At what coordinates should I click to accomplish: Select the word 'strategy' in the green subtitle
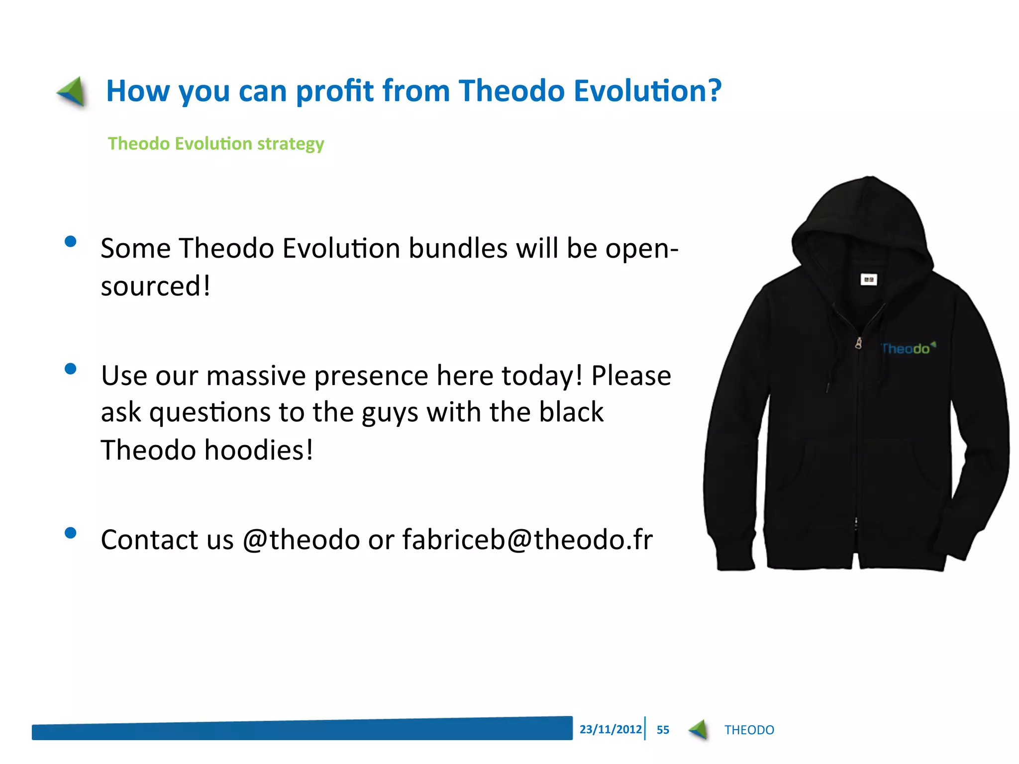[x=291, y=144]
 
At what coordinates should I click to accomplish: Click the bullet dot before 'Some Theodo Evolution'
[x=71, y=242]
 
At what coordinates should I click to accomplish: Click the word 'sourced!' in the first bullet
[x=156, y=286]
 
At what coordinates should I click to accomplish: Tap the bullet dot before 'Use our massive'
[x=71, y=369]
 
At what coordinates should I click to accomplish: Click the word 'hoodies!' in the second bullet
[x=259, y=450]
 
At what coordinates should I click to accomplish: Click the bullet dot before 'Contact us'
[x=71, y=533]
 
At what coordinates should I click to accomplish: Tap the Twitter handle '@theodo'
[x=302, y=540]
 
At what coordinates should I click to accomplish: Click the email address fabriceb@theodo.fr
[x=527, y=540]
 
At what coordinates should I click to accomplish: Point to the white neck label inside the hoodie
[x=869, y=280]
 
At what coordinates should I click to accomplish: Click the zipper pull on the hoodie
[x=858, y=343]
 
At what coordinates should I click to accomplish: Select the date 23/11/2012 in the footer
[x=611, y=729]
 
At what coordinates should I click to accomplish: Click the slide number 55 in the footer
[x=663, y=730]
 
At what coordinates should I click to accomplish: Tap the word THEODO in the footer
[x=749, y=730]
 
